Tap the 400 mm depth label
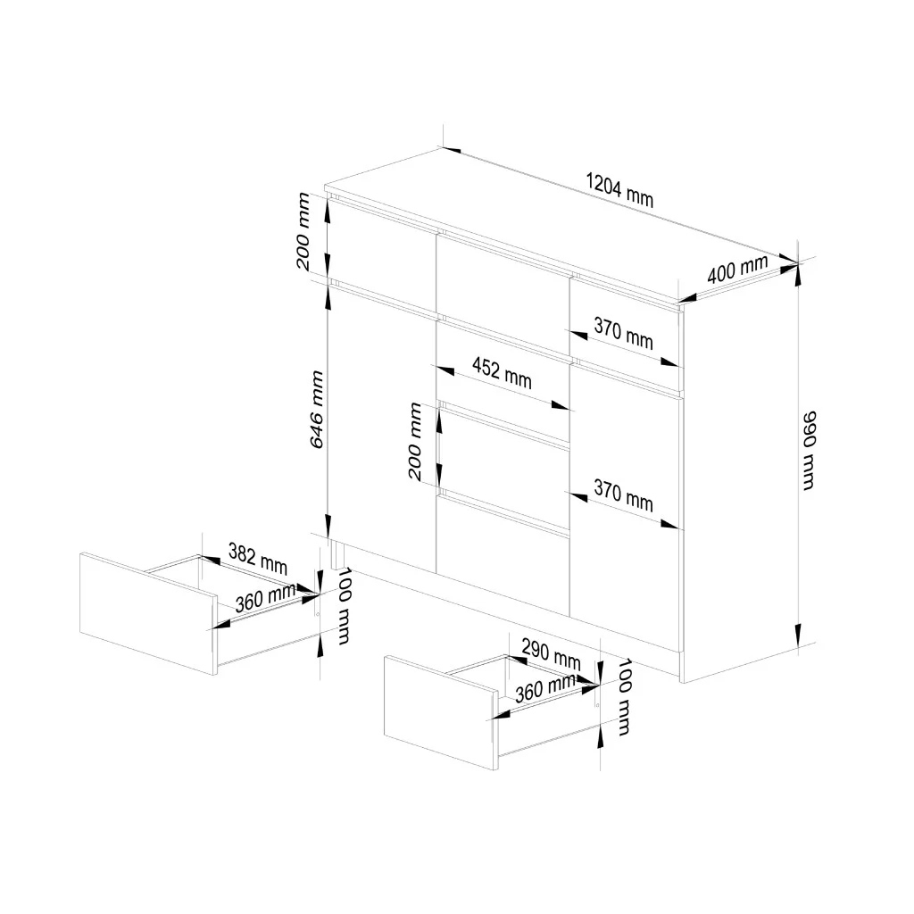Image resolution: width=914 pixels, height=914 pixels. [737, 269]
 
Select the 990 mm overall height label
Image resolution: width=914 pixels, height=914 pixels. [809, 449]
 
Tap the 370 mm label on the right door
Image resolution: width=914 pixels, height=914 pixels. [624, 496]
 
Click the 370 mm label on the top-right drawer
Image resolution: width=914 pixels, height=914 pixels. [624, 334]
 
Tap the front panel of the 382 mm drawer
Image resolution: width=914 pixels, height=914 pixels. [147, 611]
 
